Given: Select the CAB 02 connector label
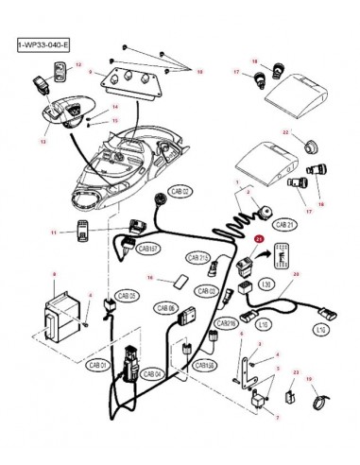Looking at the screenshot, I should (x=179, y=191).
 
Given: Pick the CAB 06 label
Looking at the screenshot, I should (x=166, y=308).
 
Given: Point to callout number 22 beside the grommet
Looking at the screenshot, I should (x=284, y=134).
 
